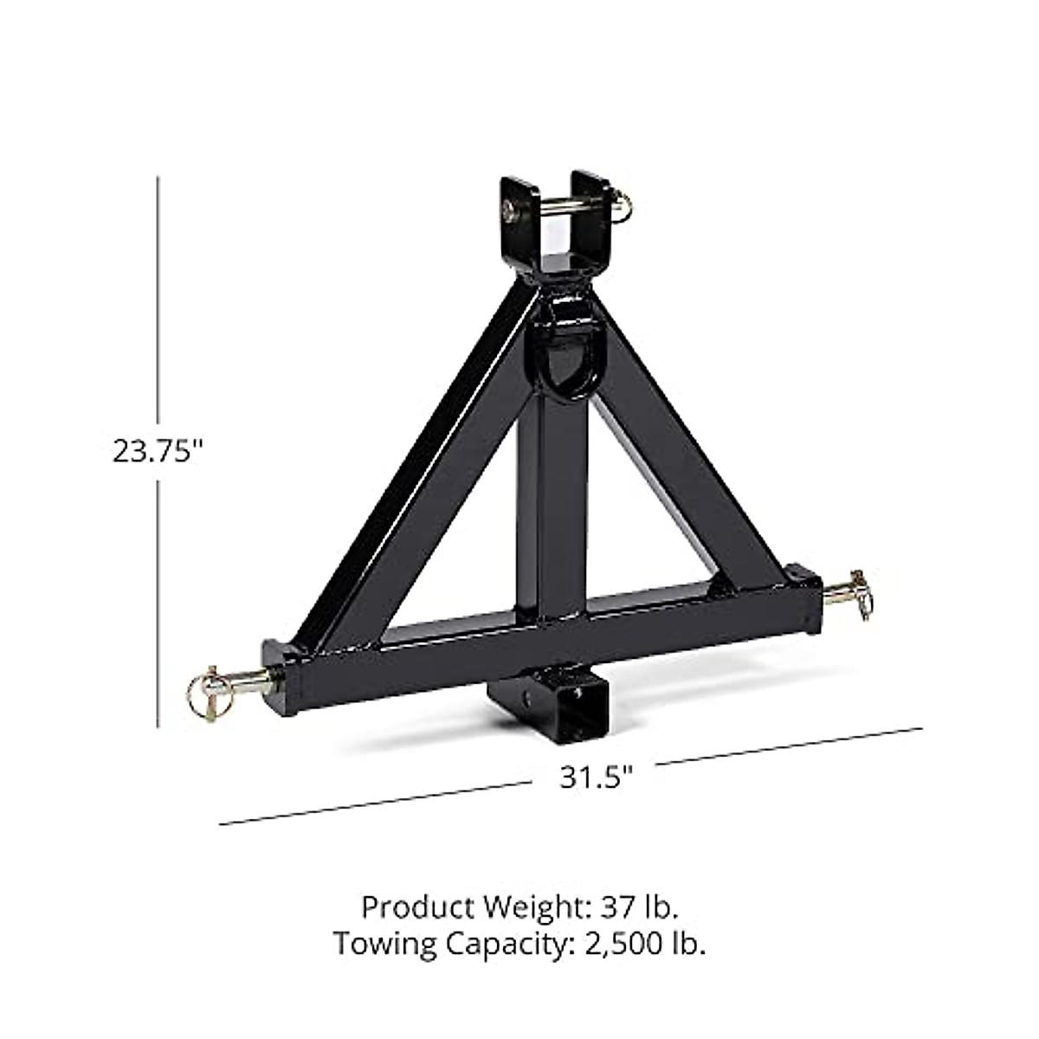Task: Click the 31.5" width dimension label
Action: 597,777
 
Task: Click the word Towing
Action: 386,943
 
